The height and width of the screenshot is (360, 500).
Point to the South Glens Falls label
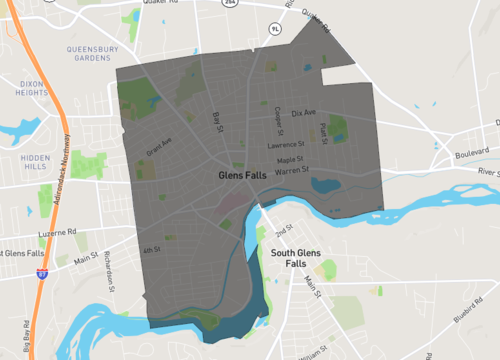pos(296,258)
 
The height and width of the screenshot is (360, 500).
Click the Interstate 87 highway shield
pos(41,271)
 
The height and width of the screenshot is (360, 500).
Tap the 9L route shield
pos(276,29)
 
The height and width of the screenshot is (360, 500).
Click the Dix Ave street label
pos(303,112)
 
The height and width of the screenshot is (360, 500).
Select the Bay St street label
pos(216,121)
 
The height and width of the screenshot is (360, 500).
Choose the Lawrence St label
pos(284,145)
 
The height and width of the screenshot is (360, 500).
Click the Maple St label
pos(290,159)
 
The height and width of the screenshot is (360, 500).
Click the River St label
pos(489,172)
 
